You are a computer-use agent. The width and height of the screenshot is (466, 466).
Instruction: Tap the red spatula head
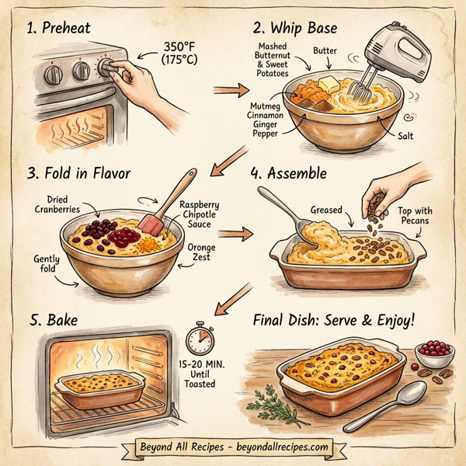click(x=151, y=226)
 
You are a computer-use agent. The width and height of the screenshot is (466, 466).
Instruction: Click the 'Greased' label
click(x=326, y=210)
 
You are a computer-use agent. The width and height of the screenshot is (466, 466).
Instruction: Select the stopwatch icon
click(x=200, y=340)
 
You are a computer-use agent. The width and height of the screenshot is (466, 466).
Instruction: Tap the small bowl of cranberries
click(x=434, y=353)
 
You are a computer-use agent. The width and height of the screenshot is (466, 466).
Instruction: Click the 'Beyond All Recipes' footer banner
click(x=233, y=447)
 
